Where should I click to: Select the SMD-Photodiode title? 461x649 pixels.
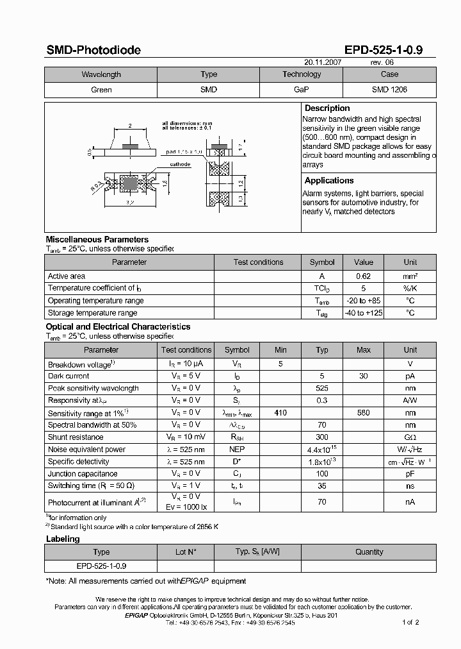[93, 50]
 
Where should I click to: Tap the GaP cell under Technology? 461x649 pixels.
[302, 90]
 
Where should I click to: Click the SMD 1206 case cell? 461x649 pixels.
[389, 90]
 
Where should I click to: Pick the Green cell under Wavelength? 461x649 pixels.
[101, 90]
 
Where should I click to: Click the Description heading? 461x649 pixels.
[327, 108]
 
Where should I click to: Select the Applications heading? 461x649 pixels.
[329, 181]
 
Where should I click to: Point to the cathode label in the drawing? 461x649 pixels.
[180, 165]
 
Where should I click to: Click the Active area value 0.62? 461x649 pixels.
[363, 276]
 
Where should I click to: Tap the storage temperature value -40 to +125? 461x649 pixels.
[364, 313]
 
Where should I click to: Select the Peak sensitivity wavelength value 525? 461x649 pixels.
[322, 389]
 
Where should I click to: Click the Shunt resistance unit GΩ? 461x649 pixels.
[410, 437]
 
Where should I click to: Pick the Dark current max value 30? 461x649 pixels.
[363, 376]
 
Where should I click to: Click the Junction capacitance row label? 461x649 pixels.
[83, 474]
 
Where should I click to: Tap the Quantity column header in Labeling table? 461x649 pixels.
[369, 552]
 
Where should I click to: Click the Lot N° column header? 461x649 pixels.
[186, 552]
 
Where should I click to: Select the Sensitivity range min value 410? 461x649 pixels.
[280, 413]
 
